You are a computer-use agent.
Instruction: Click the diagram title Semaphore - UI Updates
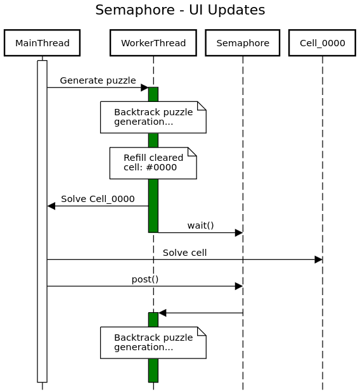click(x=180, y=10)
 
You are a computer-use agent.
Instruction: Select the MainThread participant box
click(x=42, y=43)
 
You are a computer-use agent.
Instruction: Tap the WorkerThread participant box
click(x=153, y=43)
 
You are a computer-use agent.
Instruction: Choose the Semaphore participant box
click(x=242, y=43)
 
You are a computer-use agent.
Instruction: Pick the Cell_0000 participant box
click(x=322, y=43)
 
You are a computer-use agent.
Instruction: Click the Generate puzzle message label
click(x=98, y=80)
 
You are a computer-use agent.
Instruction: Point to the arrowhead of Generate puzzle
click(x=145, y=87)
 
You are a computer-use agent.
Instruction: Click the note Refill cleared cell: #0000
click(x=153, y=163)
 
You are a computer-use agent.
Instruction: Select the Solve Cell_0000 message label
click(x=98, y=199)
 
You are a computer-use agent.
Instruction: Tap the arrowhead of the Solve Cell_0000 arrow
click(x=51, y=206)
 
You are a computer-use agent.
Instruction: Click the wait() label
click(x=201, y=225)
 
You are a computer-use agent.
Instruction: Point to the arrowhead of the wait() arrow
click(x=239, y=233)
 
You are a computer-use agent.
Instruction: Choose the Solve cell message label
click(x=184, y=253)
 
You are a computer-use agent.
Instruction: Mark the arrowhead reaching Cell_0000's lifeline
click(x=318, y=260)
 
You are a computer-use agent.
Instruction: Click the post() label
click(x=145, y=279)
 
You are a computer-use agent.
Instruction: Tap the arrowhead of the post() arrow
click(x=239, y=286)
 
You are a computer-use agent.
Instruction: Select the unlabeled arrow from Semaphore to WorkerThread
click(x=201, y=313)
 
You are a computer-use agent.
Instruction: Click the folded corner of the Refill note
click(x=193, y=151)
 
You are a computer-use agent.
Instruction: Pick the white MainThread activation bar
click(x=42, y=221)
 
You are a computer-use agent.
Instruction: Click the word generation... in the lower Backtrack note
click(x=144, y=347)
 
